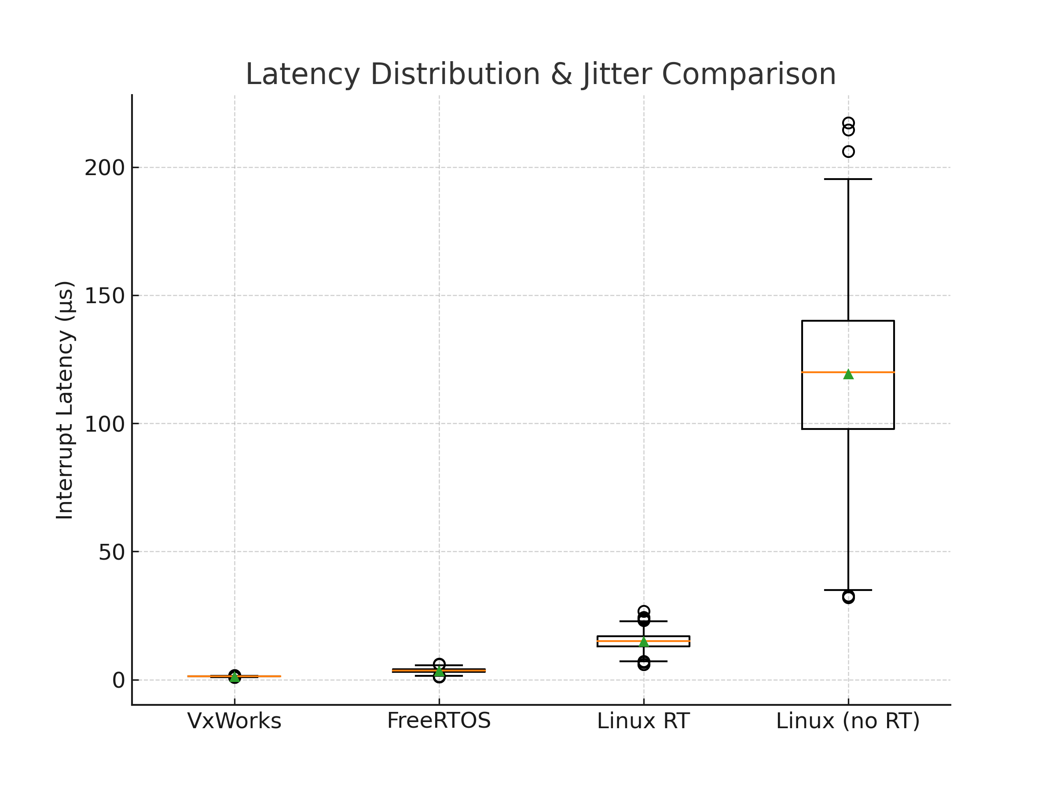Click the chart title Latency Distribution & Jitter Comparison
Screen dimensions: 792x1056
coord(540,74)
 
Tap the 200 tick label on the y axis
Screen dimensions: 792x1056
coord(105,168)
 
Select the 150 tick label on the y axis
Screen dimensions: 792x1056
coord(105,296)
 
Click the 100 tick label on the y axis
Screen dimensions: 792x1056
coord(105,424)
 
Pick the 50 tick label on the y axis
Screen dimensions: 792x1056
coord(111,552)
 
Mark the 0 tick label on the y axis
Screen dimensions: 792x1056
coord(118,680)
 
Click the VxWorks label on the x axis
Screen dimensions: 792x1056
coord(235,721)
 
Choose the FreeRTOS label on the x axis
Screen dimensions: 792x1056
coord(439,721)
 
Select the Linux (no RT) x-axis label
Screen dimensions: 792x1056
coord(848,721)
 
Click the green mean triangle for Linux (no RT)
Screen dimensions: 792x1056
coord(848,374)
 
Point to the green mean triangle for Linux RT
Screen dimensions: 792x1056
coord(644,642)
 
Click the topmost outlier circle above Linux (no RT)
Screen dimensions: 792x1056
coord(848,123)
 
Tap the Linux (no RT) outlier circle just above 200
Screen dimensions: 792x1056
coord(848,152)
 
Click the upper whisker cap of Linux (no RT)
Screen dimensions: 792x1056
coord(848,179)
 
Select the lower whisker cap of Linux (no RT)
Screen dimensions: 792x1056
coord(848,590)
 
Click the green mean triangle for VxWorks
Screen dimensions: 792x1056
coord(235,678)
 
